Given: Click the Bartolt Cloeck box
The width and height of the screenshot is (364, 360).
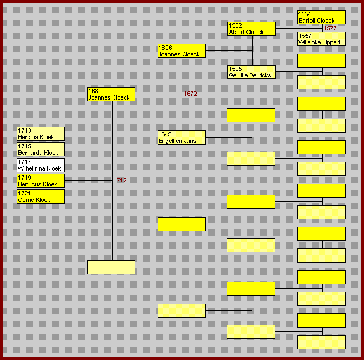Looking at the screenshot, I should tap(321, 17).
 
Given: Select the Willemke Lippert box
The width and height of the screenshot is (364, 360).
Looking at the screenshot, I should tap(321, 39).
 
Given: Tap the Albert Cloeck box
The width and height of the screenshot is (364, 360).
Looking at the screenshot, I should tap(251, 29).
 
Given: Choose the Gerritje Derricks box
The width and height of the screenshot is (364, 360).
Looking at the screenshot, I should tap(251, 72).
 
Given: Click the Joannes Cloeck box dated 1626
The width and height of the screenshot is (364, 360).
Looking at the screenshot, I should tap(181, 51).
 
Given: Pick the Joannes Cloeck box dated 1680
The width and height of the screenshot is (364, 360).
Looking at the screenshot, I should tap(111, 94).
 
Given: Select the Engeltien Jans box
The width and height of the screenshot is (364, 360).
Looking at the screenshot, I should tap(181, 138).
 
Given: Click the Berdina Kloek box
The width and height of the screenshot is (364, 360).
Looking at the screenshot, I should tap(41, 134).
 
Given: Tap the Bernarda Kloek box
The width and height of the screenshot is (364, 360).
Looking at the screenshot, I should tap(41, 149).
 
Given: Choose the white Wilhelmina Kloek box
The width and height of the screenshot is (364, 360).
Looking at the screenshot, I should tap(41, 165).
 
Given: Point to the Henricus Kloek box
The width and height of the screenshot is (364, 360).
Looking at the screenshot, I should tap(41, 181).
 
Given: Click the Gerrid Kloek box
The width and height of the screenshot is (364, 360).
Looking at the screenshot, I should tap(41, 197).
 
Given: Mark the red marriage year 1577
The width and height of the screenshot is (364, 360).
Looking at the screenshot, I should tap(330, 29).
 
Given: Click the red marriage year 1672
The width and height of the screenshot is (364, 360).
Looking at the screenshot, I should tap(190, 94).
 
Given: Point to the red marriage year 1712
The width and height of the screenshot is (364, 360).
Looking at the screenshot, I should tap(120, 181).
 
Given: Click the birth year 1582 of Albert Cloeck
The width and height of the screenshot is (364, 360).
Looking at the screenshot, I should tap(236, 25).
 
